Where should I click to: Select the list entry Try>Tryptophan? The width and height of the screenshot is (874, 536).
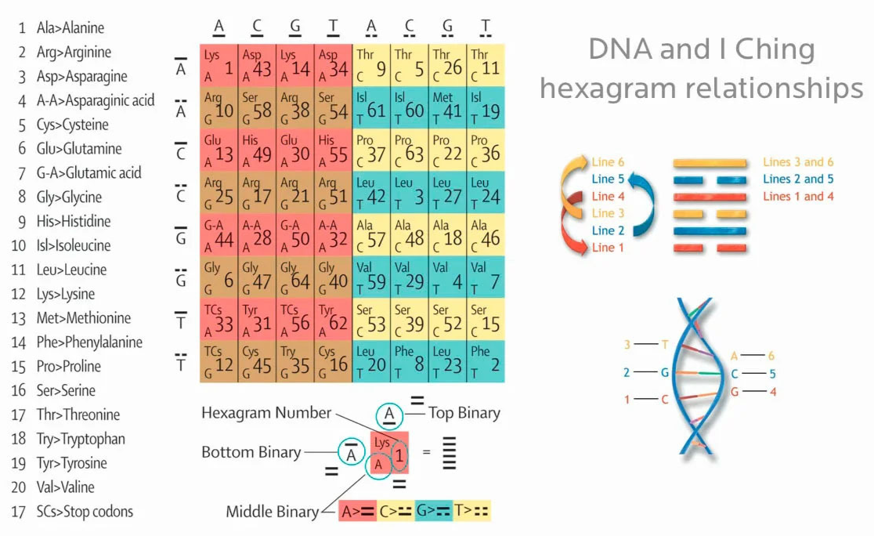[81, 439]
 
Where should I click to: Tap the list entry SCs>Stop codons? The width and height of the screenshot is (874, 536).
[85, 512]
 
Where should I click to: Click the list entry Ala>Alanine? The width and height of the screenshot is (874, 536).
[70, 28]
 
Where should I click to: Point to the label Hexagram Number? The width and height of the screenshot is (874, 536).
[266, 412]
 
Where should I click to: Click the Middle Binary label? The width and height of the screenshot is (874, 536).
[273, 512]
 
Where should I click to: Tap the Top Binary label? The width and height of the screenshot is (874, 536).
[464, 413]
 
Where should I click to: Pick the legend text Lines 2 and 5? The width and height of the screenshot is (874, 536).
[798, 179]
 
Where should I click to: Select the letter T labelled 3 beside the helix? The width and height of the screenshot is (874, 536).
[665, 344]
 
